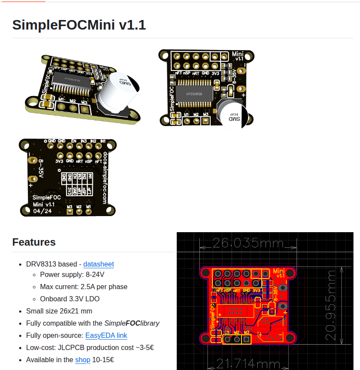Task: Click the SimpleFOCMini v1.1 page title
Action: pos(79,25)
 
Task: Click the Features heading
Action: pos(34,242)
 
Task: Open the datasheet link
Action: pos(98,264)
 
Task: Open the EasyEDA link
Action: pos(106,335)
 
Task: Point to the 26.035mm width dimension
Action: pos(248,243)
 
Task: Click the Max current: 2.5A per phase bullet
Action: pos(84,287)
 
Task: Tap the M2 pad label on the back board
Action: pos(79,207)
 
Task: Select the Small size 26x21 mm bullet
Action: pos(59,311)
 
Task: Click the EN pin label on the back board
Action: pos(73,141)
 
